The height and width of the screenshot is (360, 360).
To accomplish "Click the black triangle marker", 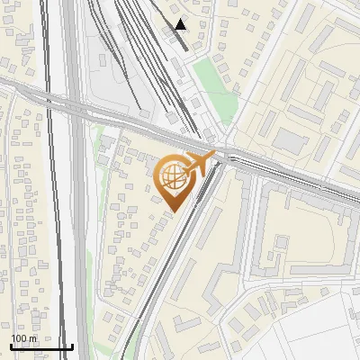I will [181, 24].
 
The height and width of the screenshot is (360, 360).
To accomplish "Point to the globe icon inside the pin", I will [174, 178].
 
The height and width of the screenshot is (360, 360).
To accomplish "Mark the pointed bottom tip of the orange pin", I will [174, 211].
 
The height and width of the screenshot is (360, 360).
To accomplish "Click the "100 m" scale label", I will [23, 338].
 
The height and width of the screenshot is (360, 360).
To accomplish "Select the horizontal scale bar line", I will [41, 347].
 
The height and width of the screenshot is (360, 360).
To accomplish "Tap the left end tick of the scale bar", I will [11, 346].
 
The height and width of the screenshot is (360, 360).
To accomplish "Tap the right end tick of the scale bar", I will [72, 346].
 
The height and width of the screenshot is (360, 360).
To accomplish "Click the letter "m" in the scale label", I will [32, 338].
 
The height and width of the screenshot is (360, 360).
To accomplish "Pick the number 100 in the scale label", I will [19, 338].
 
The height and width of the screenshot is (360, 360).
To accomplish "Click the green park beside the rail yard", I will [216, 90].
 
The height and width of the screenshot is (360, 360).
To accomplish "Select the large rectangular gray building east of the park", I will [290, 139].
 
